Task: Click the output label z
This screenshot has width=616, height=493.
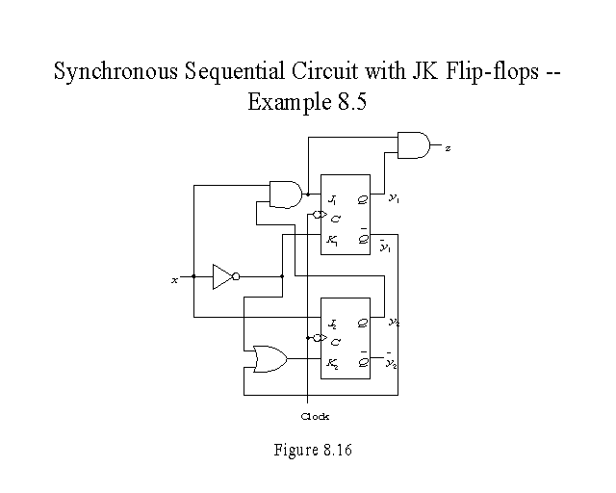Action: (448, 147)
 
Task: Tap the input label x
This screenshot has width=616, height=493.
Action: (174, 279)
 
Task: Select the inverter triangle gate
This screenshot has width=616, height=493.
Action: (222, 277)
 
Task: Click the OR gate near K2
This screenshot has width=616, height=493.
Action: (267, 359)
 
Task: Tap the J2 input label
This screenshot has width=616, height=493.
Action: (332, 323)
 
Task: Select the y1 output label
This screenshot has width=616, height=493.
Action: (394, 199)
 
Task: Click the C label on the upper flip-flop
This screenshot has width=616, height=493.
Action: (336, 219)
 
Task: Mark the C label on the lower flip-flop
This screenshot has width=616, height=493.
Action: (336, 341)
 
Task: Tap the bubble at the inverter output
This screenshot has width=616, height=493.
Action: (237, 277)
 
